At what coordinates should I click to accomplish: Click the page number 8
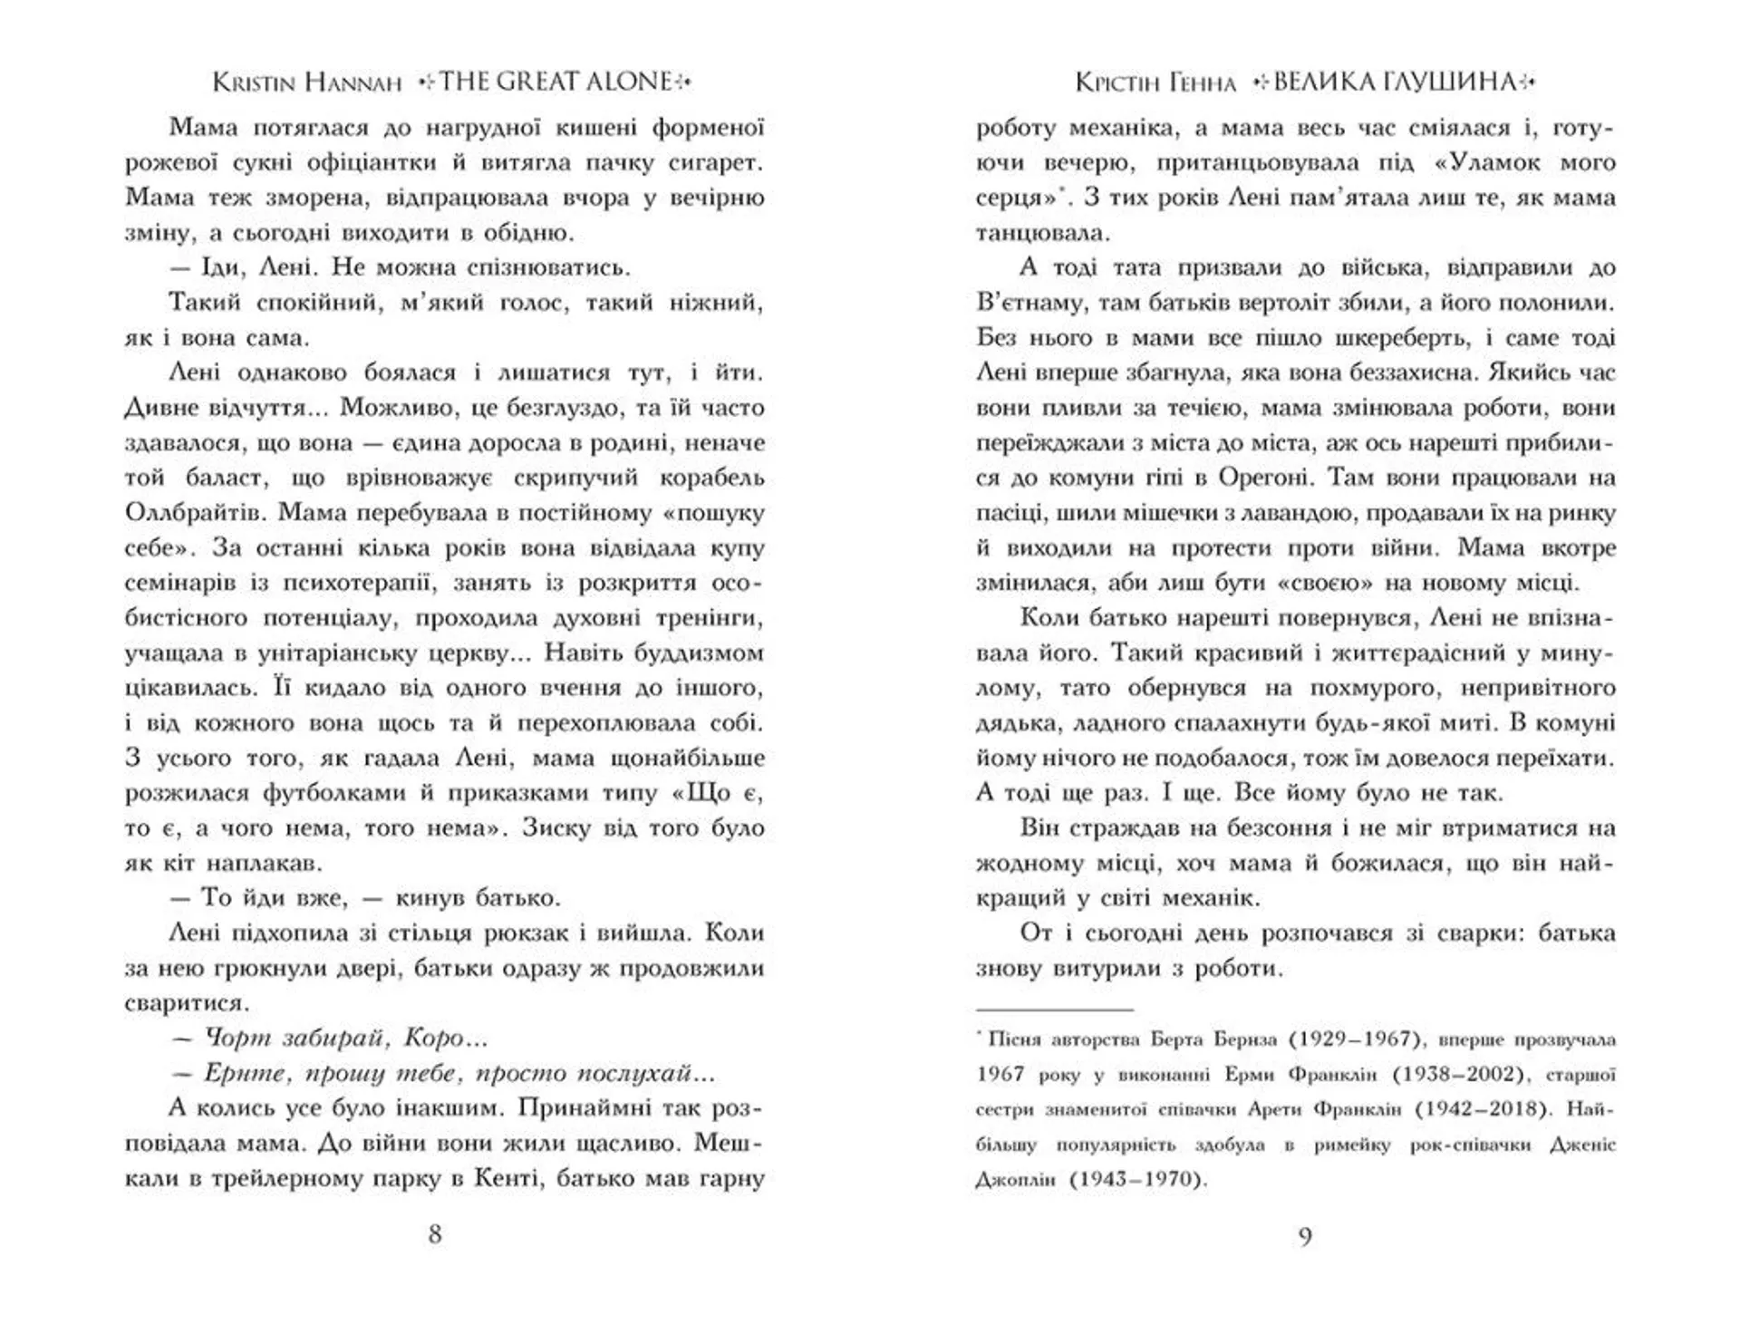click(435, 1234)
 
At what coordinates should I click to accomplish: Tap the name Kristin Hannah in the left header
click(306, 82)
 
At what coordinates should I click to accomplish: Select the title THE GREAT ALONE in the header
click(556, 82)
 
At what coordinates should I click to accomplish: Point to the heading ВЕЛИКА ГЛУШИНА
click(1394, 82)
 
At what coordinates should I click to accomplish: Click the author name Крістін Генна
click(1155, 83)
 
